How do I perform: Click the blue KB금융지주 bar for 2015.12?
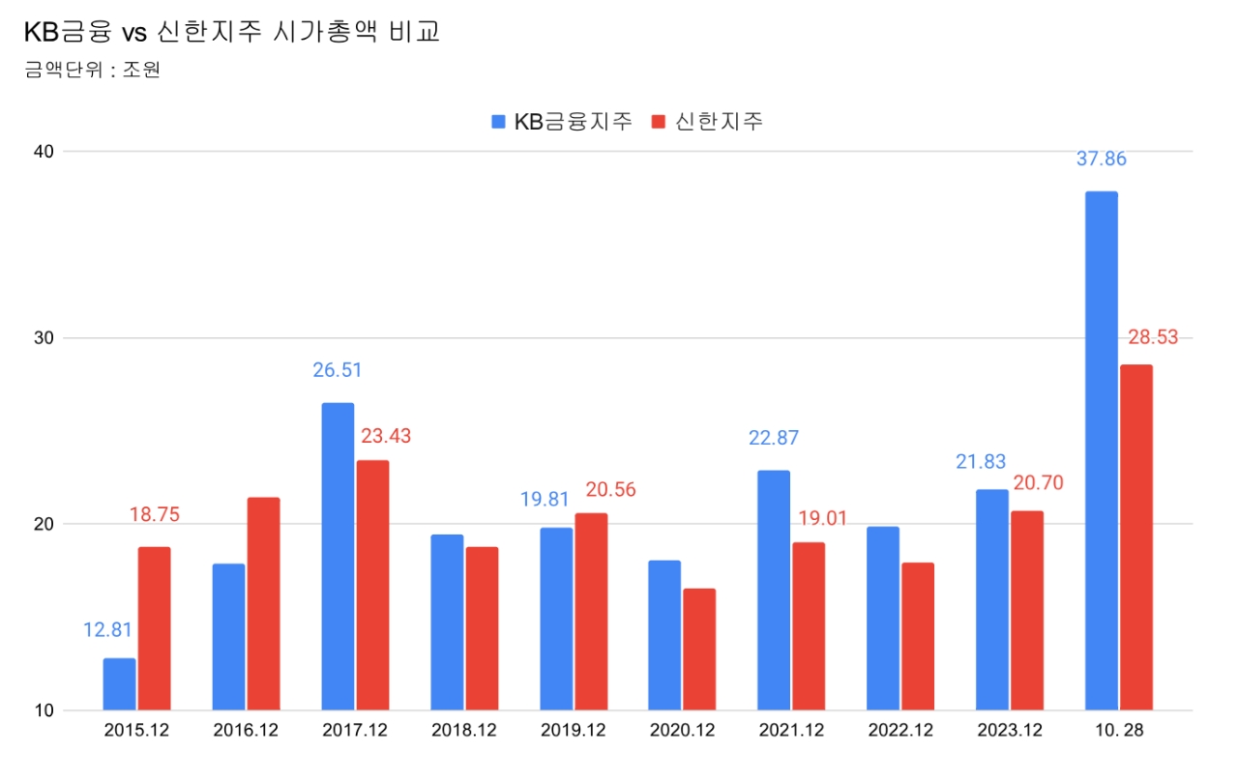pos(119,684)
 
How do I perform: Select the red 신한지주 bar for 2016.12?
pos(263,604)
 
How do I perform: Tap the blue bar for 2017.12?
pos(338,557)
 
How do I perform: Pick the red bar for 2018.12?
pos(482,628)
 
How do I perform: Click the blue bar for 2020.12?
pos(664,635)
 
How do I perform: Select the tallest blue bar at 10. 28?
pos(1101,450)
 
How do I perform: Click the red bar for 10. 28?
pos(1136,537)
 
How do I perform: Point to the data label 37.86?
pos(1102,159)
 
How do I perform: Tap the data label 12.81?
pos(107,630)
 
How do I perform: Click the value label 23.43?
pos(386,436)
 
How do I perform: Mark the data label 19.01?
pos(822,518)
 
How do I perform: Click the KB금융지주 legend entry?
pos(562,122)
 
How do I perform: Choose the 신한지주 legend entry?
pos(708,122)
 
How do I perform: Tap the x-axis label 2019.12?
pos(573,731)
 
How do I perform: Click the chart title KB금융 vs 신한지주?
pos(232,33)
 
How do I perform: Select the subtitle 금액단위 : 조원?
pos(93,71)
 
